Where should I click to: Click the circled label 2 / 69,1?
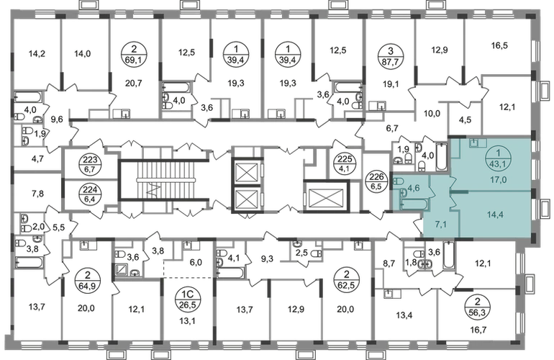coord(133,54)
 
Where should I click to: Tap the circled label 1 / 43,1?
coord(498,159)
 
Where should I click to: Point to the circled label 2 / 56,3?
coord(478,307)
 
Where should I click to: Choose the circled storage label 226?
coord(376,181)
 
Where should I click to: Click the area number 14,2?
coord(37,54)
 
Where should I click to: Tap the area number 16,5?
coord(499,45)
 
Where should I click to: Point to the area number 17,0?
coord(498,180)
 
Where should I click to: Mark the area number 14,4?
coord(495,215)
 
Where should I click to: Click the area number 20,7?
coord(134,83)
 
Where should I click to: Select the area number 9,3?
coord(267,259)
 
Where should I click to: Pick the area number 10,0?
coord(432,114)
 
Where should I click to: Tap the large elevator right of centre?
coord(326,197)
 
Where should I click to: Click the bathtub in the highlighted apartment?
coord(414,204)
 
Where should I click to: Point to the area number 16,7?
coord(478,330)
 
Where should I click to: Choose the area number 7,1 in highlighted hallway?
coord(440,224)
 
